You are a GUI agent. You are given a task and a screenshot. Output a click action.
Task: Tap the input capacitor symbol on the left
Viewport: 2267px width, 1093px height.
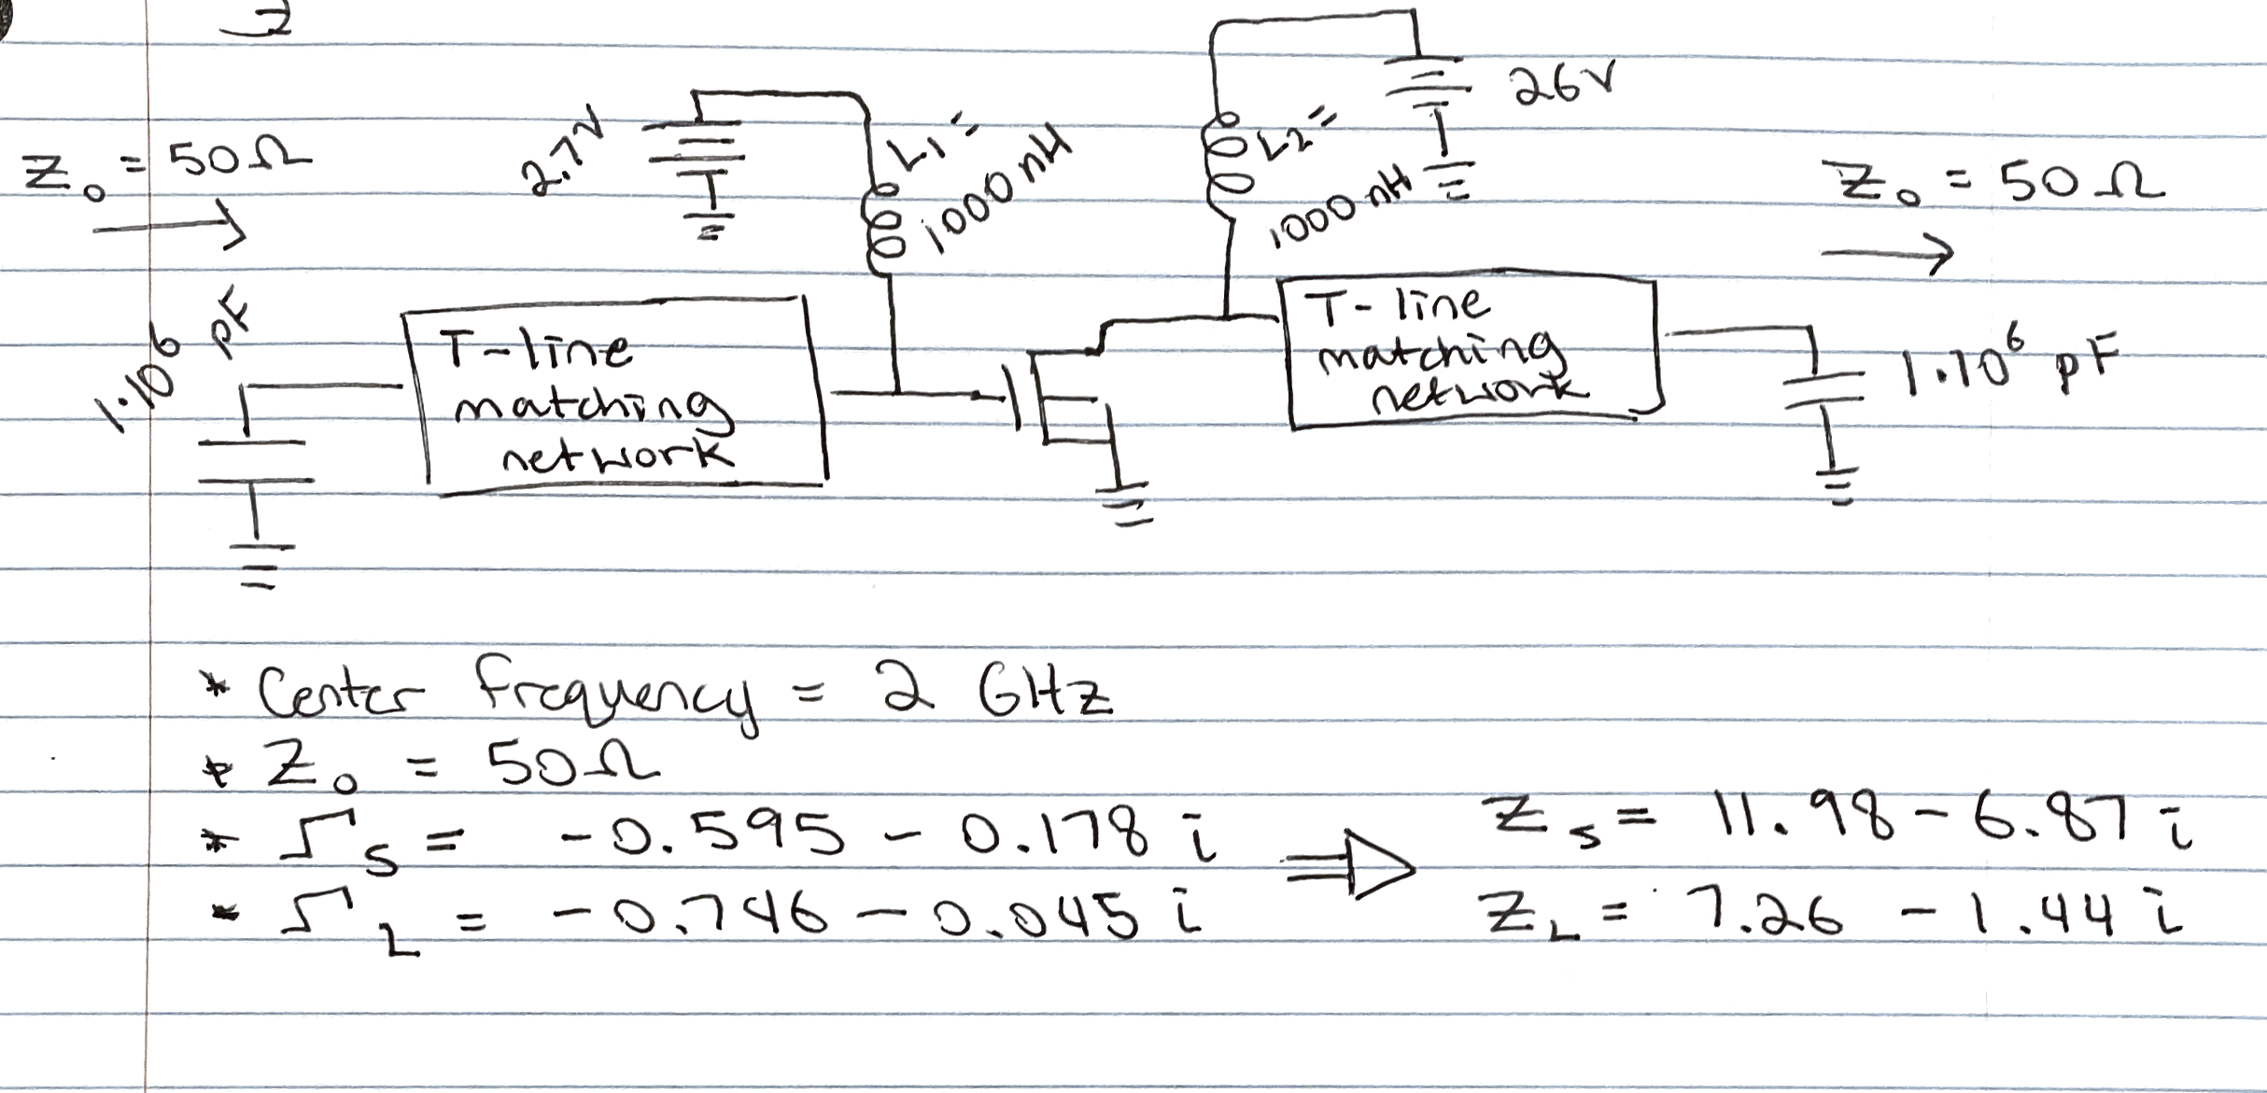(254, 461)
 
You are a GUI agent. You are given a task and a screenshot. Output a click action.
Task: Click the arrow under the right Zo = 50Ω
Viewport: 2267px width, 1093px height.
(1886, 252)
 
